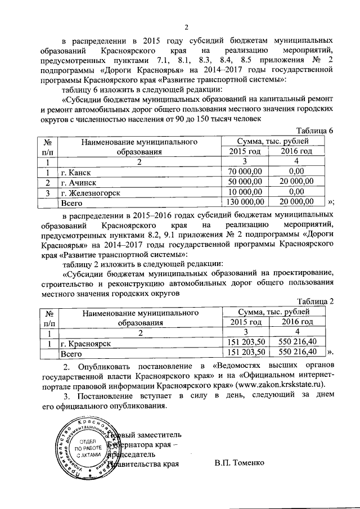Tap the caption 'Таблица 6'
click(x=315, y=130)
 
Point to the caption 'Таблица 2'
click(x=315, y=301)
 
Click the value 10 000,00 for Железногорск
click(x=245, y=192)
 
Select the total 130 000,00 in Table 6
click(x=244, y=202)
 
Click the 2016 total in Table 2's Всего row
click(x=296, y=353)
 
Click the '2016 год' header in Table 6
click(x=296, y=151)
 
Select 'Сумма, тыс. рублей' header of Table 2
click(x=273, y=312)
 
